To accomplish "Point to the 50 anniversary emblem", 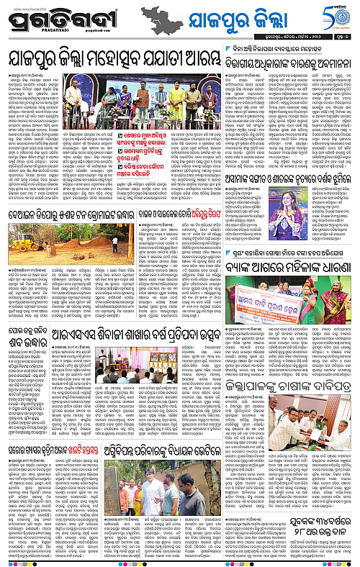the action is click(338, 16).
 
